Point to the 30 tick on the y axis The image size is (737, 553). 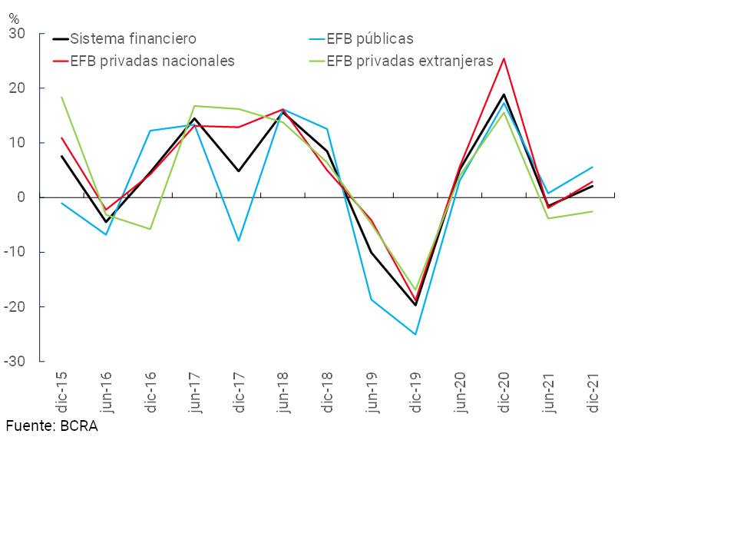[x=17, y=34]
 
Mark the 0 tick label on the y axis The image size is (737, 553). [x=21, y=197]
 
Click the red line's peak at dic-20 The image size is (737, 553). [x=504, y=58]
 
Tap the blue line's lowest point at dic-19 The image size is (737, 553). [x=415, y=334]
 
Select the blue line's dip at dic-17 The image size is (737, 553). [x=239, y=240]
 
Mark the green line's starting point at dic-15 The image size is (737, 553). [x=62, y=98]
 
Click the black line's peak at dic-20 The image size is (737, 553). [x=504, y=94]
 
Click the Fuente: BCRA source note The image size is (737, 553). [x=51, y=426]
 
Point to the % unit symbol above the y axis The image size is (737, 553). [x=13, y=18]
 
